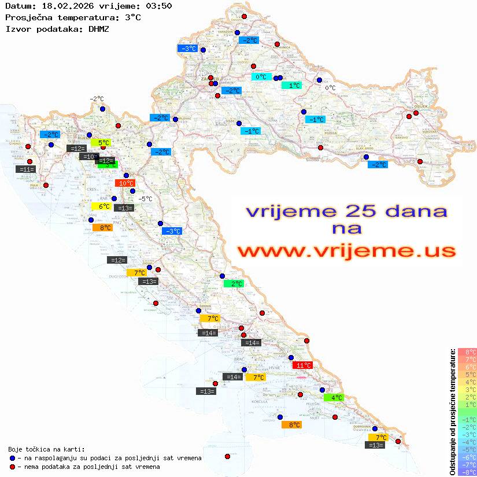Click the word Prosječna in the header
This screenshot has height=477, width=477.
coord(28,17)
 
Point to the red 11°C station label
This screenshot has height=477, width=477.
coord(303,365)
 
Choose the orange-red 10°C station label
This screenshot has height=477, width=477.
coord(125,183)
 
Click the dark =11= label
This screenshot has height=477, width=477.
coord(27,169)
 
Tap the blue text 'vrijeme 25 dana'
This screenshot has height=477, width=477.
coord(346,212)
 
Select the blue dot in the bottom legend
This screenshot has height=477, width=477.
coord(12,458)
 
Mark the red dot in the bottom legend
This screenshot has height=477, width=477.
coord(12,467)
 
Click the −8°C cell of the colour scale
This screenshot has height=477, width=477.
coord(467,472)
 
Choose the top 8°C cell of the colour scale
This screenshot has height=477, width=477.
coord(467,352)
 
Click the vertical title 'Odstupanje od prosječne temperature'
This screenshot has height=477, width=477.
coord(452,412)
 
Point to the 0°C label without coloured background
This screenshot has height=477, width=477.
coord(330,88)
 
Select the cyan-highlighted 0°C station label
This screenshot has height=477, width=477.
coord(261,76)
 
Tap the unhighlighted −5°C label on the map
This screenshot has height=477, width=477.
coord(145,199)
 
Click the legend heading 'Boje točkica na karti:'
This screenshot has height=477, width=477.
coord(46,449)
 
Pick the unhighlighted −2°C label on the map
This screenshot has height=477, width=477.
coord(96,99)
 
